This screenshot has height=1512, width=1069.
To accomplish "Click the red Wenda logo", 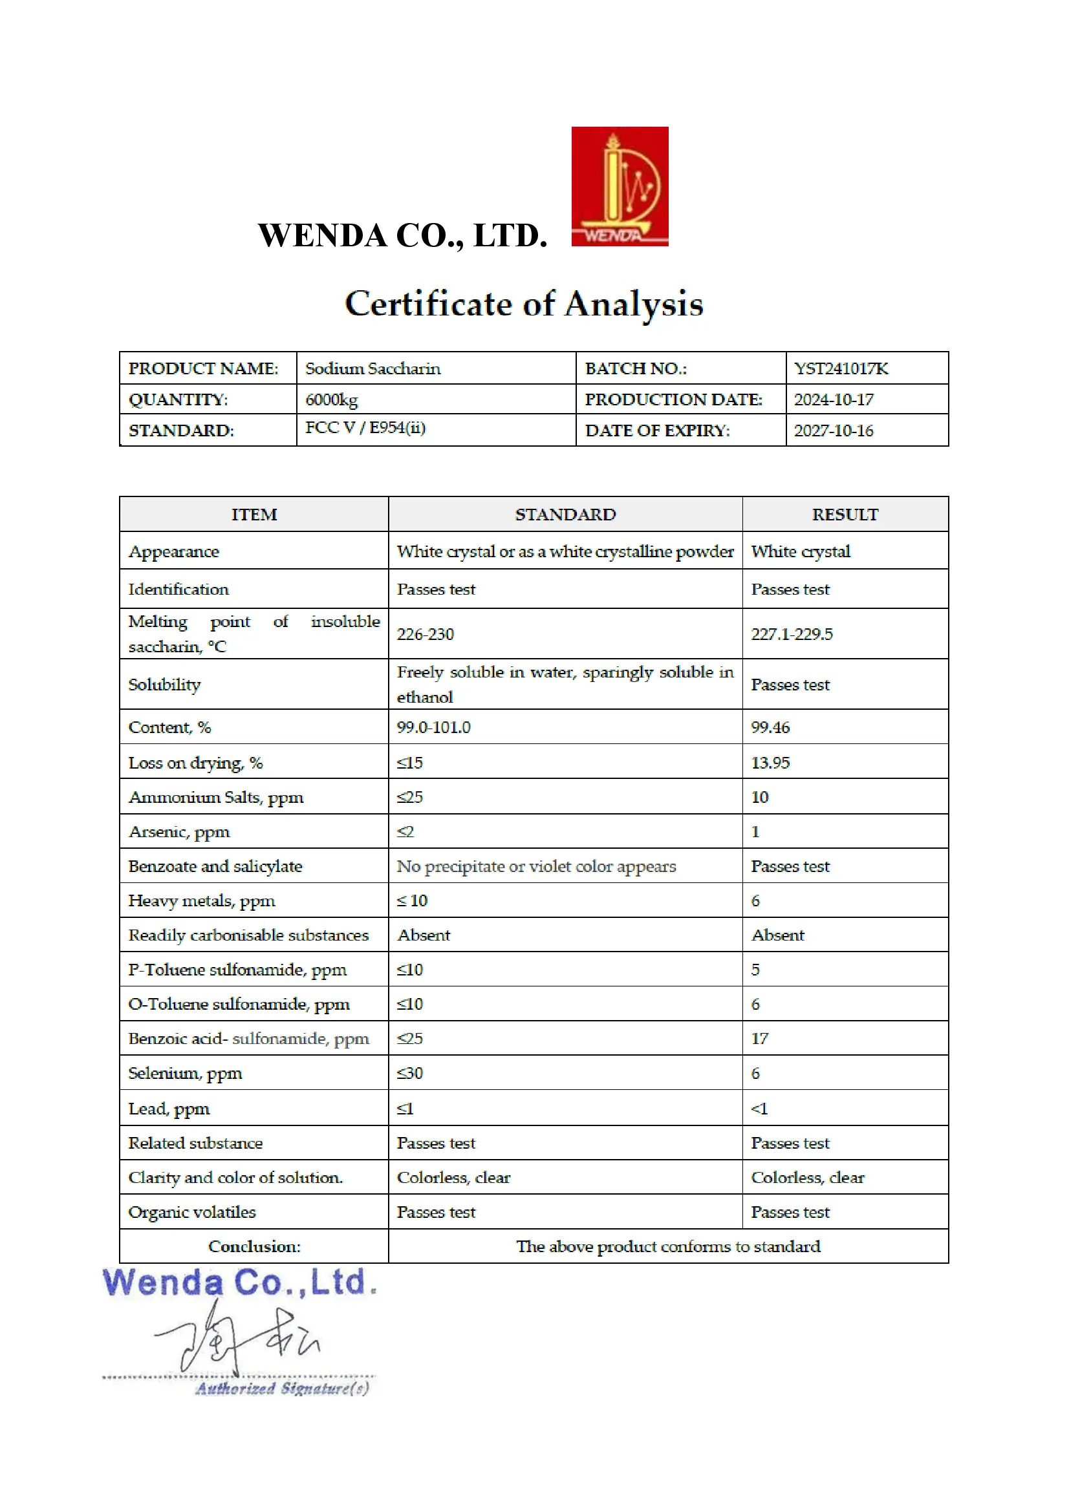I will (x=619, y=186).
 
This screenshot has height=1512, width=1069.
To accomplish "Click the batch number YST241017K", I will (x=841, y=368).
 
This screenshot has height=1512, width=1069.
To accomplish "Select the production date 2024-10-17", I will (x=833, y=399).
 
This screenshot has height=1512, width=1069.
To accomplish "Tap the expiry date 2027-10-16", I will (x=833, y=431).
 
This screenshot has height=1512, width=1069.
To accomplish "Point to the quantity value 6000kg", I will (x=331, y=399).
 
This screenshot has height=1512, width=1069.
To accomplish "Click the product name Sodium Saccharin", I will (x=373, y=368).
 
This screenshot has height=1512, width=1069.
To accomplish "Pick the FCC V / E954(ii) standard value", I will (x=365, y=428).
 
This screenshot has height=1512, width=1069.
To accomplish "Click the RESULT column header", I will (x=845, y=515).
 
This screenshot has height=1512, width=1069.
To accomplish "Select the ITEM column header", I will (x=254, y=515).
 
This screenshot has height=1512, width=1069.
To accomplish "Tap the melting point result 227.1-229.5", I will (x=792, y=634).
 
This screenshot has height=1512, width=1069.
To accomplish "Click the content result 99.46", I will (x=770, y=727).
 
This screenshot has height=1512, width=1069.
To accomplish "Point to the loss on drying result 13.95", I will (x=770, y=763).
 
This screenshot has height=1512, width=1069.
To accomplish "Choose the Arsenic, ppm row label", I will (x=179, y=832).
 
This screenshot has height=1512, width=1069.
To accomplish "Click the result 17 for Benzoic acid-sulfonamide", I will (x=759, y=1039).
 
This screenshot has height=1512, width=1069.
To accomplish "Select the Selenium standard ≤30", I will (x=409, y=1073).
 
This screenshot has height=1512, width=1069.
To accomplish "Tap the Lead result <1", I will (x=759, y=1109).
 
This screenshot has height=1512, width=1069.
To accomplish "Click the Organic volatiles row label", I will (x=191, y=1211).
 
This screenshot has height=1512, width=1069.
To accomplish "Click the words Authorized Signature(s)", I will (x=282, y=1389).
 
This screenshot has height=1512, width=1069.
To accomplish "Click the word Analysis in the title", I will (x=634, y=304).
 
